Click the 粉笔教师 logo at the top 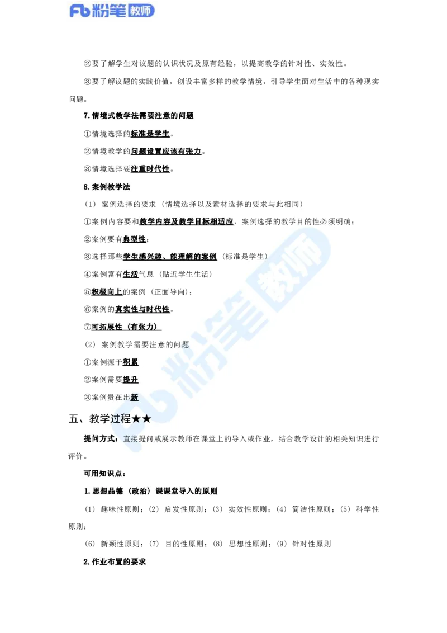pos(112,11)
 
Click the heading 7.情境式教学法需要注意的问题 pos(139,116)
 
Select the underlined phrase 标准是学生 pos(150,134)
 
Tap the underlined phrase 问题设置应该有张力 pos(166,152)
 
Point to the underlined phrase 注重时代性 pos(150,169)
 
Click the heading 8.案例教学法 pos(107,187)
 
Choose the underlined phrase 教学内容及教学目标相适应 pos(187,221)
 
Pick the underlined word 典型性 pos(135,239)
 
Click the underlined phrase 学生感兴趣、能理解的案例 pos(170,257)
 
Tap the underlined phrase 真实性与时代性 pos(142,310)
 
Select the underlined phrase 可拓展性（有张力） pos(126,327)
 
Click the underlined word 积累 pos(131,362)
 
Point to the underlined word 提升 pos(131,380)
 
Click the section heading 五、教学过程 pos(99,419)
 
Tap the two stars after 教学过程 pos(141,419)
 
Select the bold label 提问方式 pos(99,439)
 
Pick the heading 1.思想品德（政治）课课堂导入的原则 pos(150,492)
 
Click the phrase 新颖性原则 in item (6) pos(120,544)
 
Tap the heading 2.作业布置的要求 pos(115,562)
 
